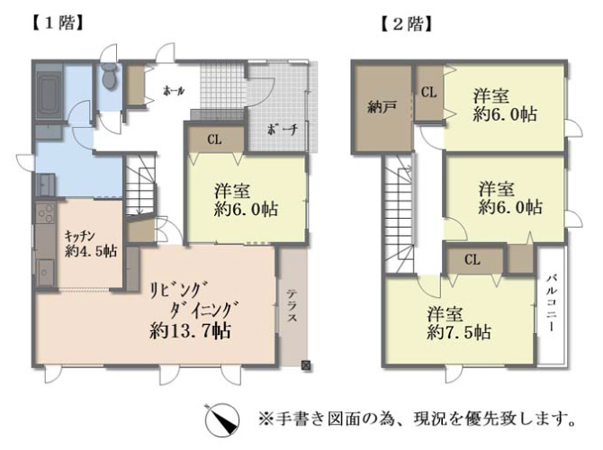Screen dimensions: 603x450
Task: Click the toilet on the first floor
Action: [x=110, y=76]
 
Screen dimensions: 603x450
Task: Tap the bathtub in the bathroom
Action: [x=49, y=94]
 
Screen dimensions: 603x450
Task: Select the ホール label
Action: [x=175, y=91]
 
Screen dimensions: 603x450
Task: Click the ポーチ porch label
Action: [x=283, y=130]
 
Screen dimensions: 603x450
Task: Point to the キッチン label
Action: [x=79, y=235]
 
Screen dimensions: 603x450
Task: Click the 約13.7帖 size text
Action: [x=191, y=330]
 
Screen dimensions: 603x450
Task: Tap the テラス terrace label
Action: [x=292, y=306]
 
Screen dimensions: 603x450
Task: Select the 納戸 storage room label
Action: [x=382, y=108]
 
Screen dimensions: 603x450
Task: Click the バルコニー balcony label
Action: [x=552, y=302]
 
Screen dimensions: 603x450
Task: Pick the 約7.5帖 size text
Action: [x=459, y=332]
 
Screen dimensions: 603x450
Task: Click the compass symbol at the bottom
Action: [x=221, y=419]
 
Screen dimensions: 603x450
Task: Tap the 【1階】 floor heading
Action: [x=58, y=23]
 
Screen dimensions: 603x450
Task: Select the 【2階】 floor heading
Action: [x=407, y=24]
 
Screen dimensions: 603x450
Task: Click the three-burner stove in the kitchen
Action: [x=45, y=213]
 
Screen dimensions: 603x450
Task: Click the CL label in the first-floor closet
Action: [x=214, y=139]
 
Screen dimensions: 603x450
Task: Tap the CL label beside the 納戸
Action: [x=428, y=93]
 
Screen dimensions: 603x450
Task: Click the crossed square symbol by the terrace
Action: [x=306, y=365]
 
